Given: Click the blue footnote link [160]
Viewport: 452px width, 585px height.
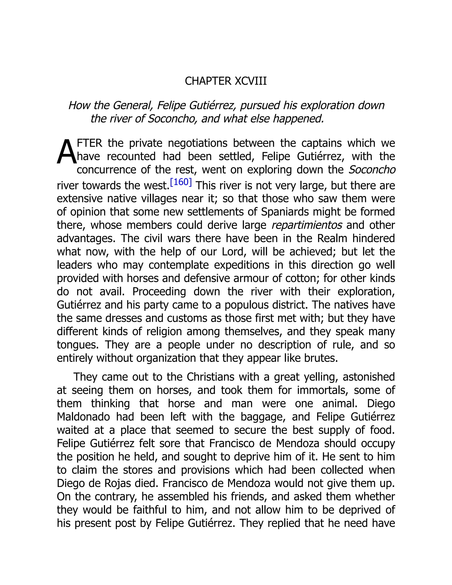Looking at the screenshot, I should (181, 182).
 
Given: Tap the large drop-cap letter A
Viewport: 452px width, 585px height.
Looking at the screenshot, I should (67, 153).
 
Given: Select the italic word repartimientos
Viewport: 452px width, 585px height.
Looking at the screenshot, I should (307, 225).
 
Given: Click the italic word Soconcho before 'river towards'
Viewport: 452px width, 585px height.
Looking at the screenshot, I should (372, 170).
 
